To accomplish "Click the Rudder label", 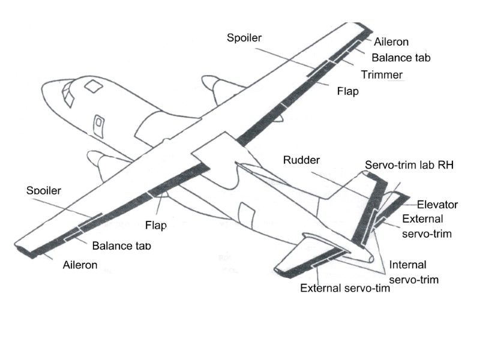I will [302, 160].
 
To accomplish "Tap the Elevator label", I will [437, 205].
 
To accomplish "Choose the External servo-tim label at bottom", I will [345, 287].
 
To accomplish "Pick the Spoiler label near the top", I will [245, 38].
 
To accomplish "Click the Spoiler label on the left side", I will [45, 191].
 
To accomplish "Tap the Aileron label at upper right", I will [391, 42].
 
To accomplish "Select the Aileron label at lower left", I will [80, 264].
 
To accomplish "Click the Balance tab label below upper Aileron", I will [401, 58].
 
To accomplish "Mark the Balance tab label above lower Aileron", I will [121, 246].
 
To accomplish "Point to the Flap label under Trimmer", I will [347, 91].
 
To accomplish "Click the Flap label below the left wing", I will [155, 226].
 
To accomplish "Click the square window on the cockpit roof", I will [93, 86].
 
